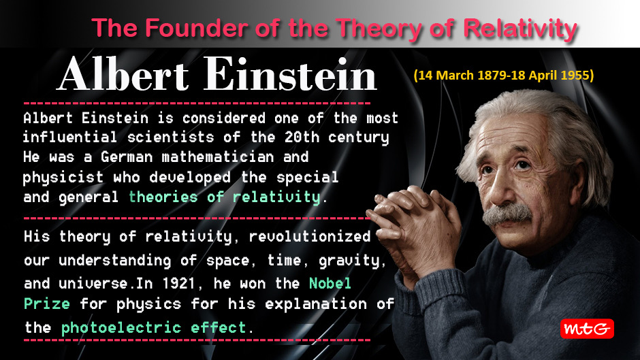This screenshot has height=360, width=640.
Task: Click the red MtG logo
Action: [x=587, y=329]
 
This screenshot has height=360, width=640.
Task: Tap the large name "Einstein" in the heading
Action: [x=287, y=75]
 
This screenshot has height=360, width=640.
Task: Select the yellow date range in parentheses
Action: [x=503, y=76]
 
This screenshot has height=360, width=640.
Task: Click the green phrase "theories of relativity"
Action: [x=224, y=197]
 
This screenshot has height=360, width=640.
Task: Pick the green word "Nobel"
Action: [x=330, y=282]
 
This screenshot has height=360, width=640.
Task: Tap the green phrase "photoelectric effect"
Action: [x=154, y=327]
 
